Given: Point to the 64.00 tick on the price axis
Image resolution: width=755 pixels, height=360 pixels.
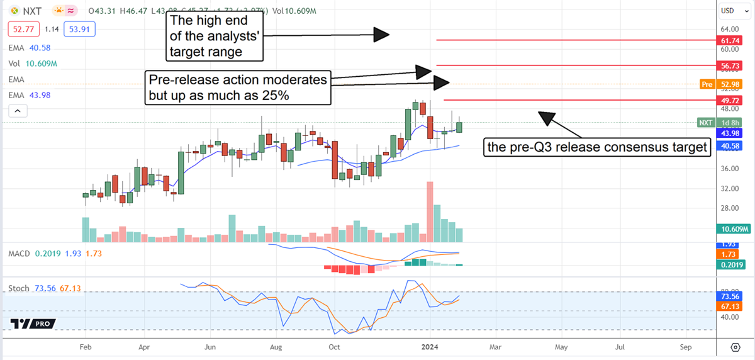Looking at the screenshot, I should point(730,29).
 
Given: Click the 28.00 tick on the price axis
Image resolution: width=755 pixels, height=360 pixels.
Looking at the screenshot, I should point(730,208).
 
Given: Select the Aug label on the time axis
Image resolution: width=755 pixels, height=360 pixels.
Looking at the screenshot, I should point(275,347).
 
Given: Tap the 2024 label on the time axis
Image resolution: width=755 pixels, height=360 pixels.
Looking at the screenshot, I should point(430,347).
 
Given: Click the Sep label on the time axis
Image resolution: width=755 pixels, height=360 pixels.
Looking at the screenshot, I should point(685,347).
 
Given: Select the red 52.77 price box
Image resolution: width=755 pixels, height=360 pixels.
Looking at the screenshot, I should point(21,28).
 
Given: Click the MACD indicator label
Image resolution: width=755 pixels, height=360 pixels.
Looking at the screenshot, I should point(20,253).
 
